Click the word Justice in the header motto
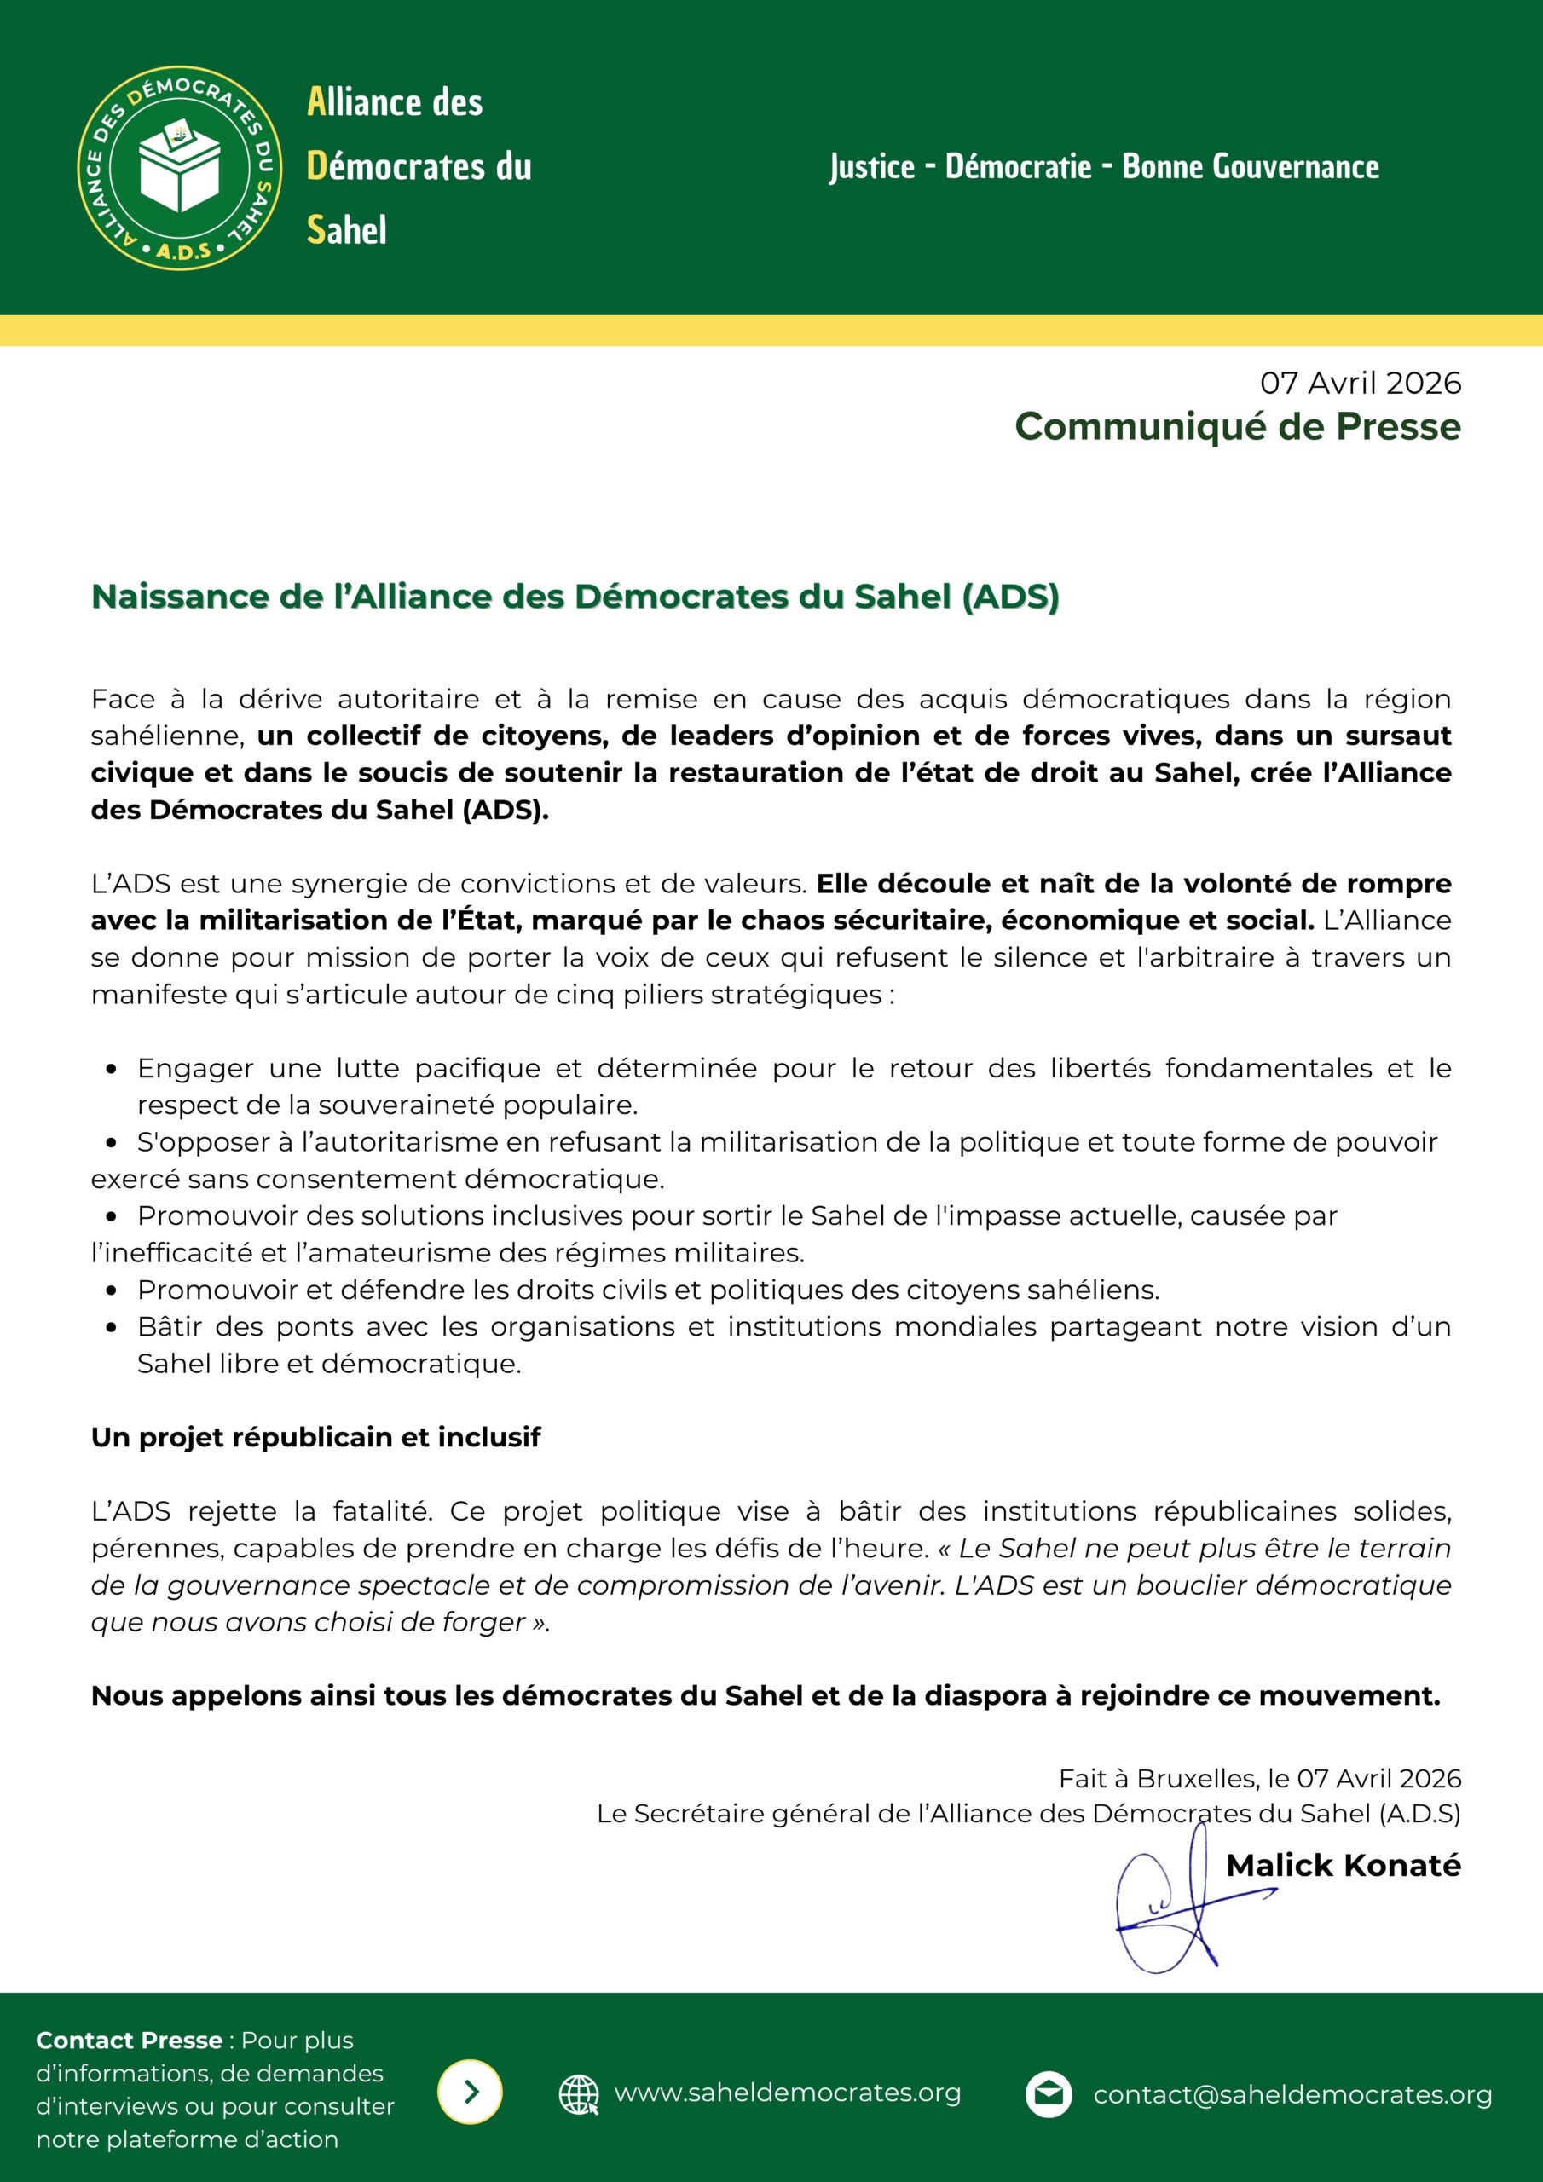click(872, 167)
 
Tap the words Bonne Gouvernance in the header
click(1251, 167)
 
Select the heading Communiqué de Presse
click(1237, 426)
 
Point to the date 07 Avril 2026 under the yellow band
click(1361, 383)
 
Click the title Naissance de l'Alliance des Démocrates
click(575, 597)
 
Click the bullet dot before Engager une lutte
click(113, 1069)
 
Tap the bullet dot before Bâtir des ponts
click(113, 1328)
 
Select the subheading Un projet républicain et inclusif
click(315, 1437)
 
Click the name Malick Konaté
click(1343, 1866)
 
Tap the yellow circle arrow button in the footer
click(470, 2092)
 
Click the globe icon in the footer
click(578, 2093)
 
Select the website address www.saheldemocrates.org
click(787, 2093)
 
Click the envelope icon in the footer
click(1048, 2093)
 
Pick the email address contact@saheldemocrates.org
click(1292, 2094)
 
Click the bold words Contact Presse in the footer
click(129, 2041)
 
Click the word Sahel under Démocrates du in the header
click(346, 230)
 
